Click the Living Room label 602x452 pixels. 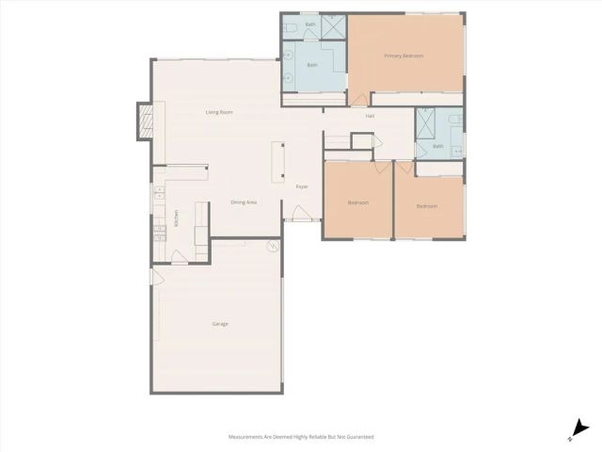(x=219, y=112)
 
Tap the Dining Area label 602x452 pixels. (x=245, y=202)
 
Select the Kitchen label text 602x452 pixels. (x=176, y=218)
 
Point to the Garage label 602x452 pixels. (x=219, y=324)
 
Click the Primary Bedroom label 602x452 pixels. (x=404, y=56)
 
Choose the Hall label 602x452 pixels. (x=372, y=115)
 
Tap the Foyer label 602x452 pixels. (x=302, y=186)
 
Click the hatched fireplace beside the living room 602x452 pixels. (x=145, y=120)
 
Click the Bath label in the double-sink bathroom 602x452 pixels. (x=312, y=65)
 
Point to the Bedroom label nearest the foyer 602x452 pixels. (x=357, y=202)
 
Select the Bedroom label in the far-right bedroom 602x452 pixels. (x=427, y=205)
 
